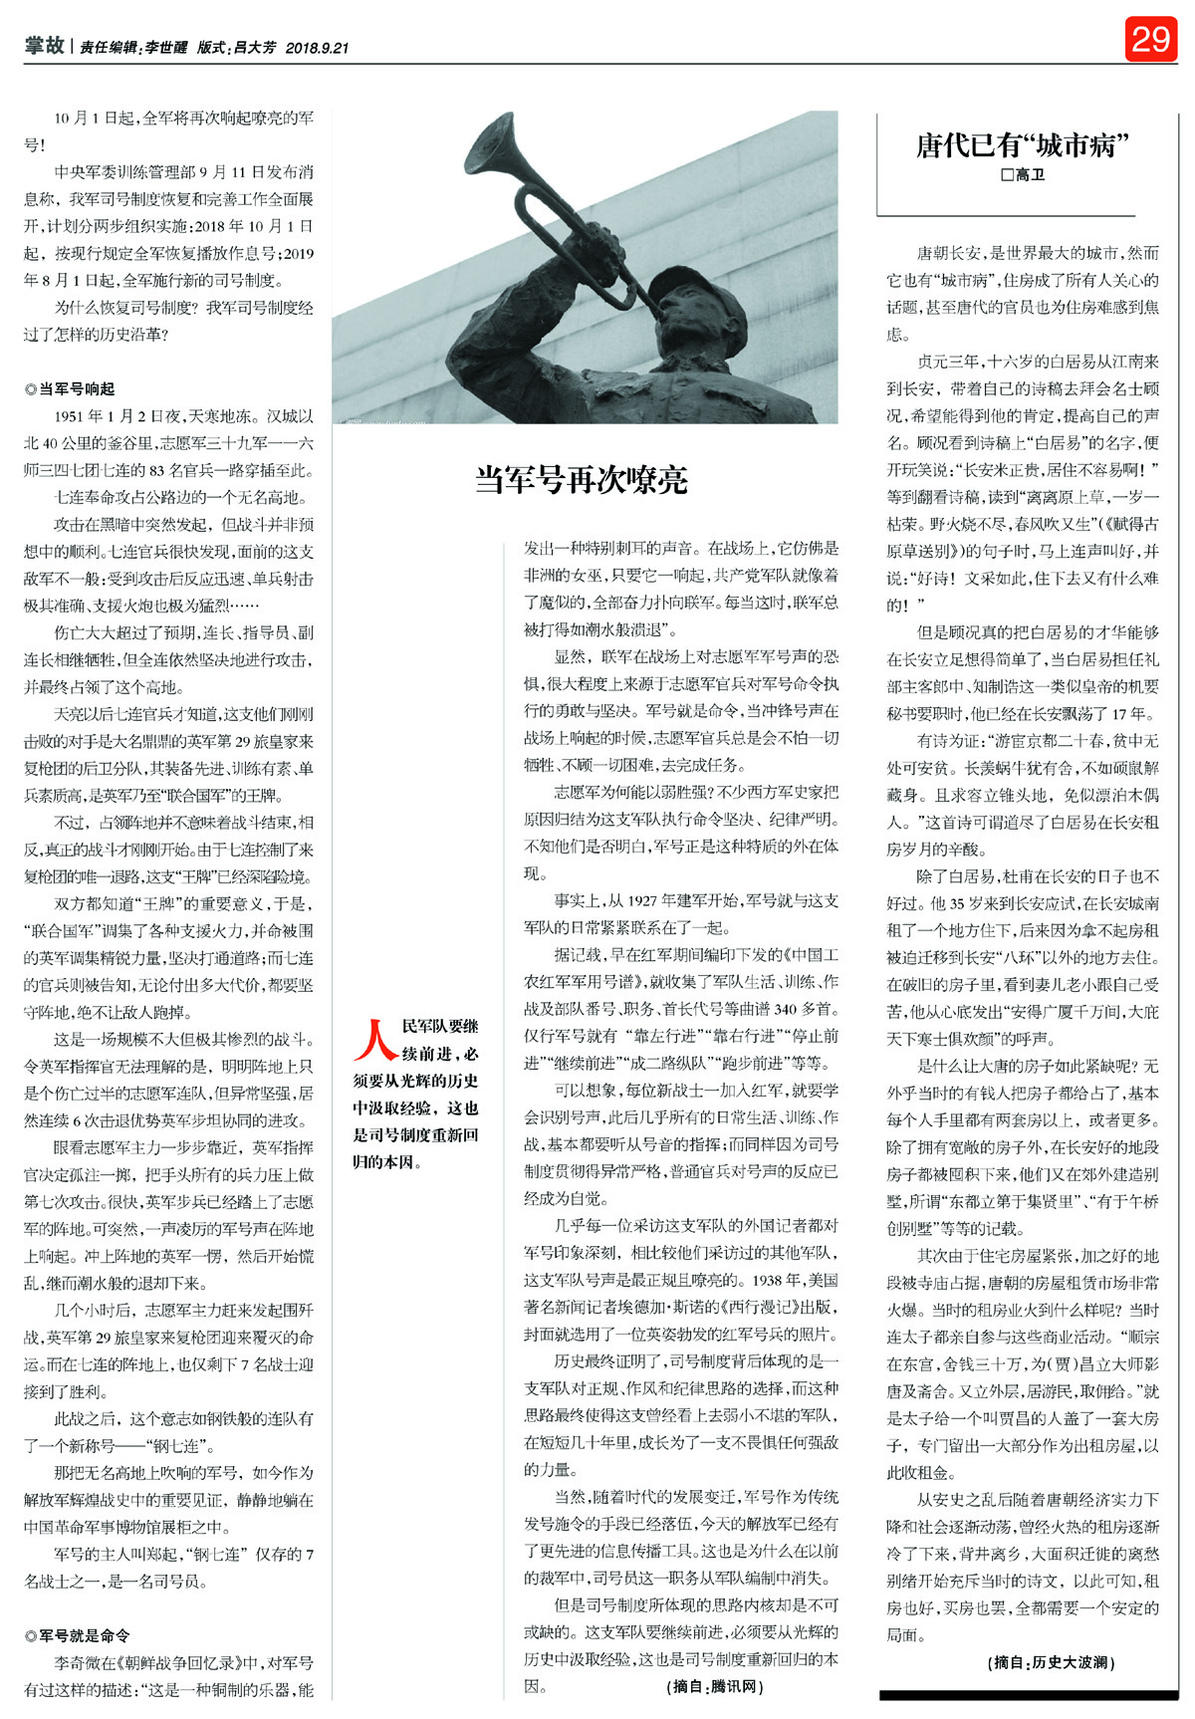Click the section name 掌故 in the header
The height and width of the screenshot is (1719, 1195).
[45, 46]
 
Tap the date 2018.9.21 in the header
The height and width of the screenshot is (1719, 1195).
[317, 48]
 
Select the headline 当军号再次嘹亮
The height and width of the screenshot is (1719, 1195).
[582, 480]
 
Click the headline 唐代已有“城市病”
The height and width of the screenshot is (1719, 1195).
[1023, 146]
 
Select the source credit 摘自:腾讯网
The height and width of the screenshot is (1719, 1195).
[716, 1686]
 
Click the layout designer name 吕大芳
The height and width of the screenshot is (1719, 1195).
[254, 48]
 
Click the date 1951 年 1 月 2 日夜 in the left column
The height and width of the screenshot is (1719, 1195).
[130, 416]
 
